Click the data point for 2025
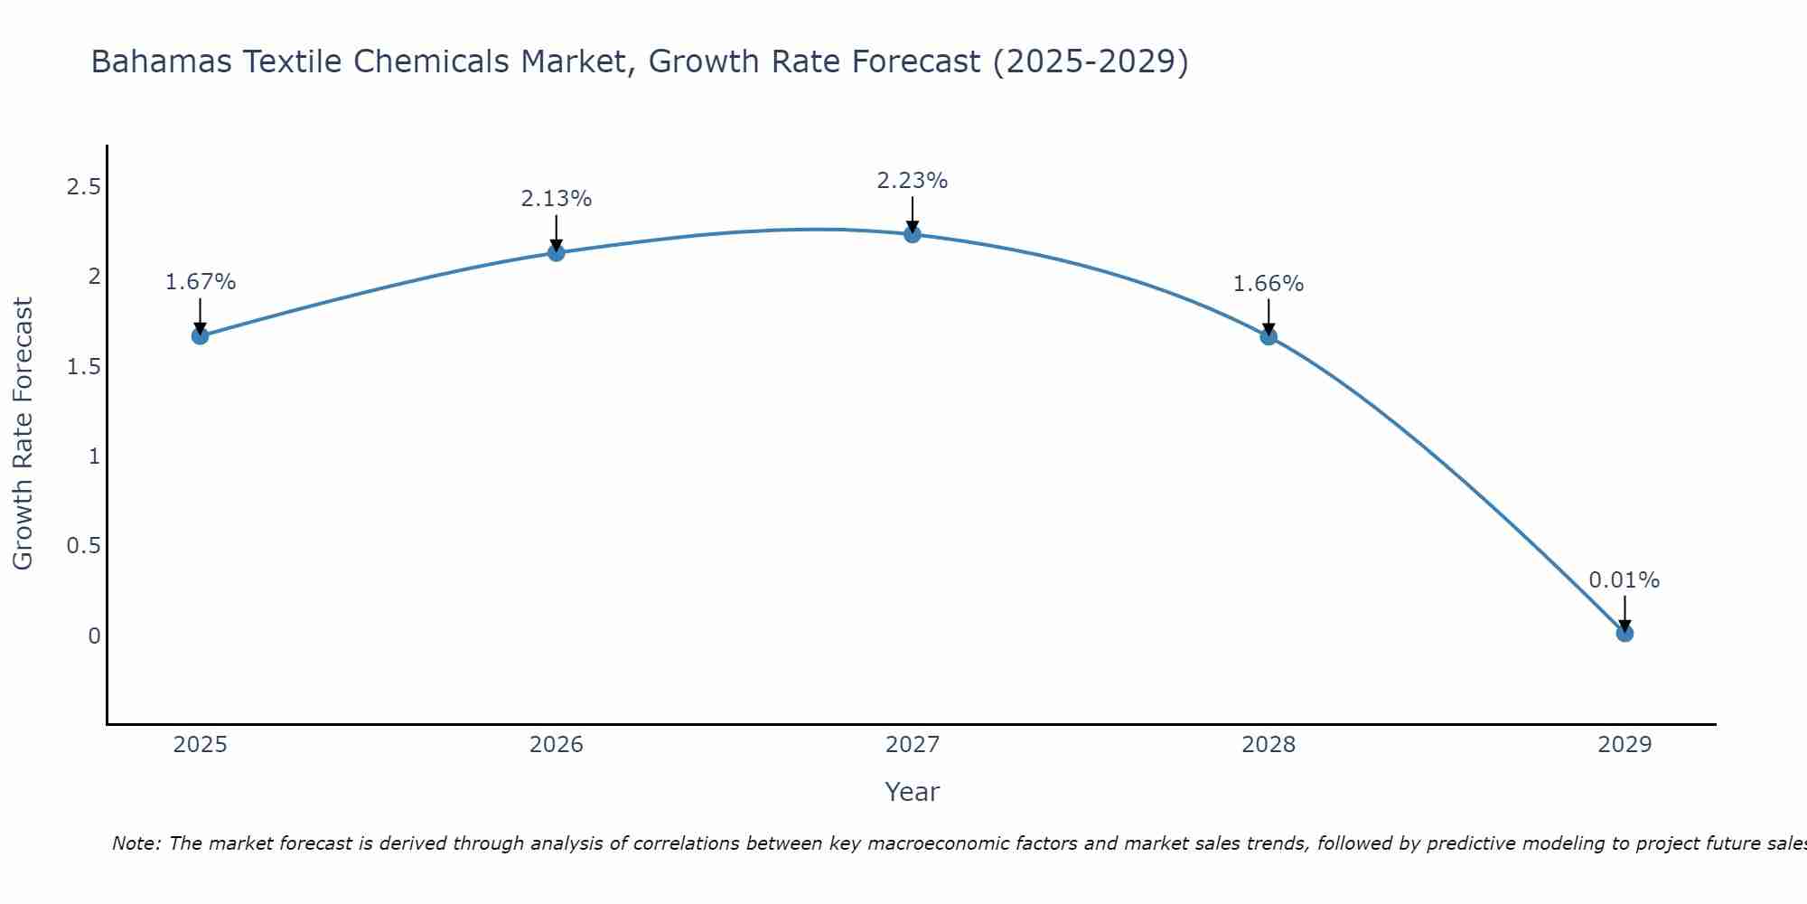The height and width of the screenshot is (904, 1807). tap(200, 336)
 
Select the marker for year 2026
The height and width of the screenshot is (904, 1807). tap(557, 253)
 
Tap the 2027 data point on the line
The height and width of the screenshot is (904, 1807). tap(913, 235)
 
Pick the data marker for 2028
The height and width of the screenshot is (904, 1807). tap(1269, 337)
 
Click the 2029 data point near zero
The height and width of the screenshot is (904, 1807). tap(1624, 634)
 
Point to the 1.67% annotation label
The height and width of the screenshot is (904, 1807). tap(201, 282)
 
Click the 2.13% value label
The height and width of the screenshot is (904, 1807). tap(557, 199)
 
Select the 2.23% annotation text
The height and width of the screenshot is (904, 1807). tap(913, 181)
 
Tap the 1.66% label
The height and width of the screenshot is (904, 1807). tap(1269, 284)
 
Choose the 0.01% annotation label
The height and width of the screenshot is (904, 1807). tap(1624, 580)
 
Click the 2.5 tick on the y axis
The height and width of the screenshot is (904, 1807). tap(84, 187)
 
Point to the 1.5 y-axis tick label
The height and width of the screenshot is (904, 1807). tap(84, 367)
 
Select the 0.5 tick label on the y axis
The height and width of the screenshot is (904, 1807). tap(84, 546)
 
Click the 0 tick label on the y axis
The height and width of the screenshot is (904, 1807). tap(94, 636)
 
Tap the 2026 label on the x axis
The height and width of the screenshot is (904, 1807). tap(557, 745)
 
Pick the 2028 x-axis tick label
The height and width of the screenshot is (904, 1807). tap(1269, 745)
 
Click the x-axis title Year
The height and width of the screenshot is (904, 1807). tap(913, 792)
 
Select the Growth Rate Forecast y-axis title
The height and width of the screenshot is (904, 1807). tap(23, 434)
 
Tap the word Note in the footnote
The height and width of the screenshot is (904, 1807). tap(136, 843)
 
